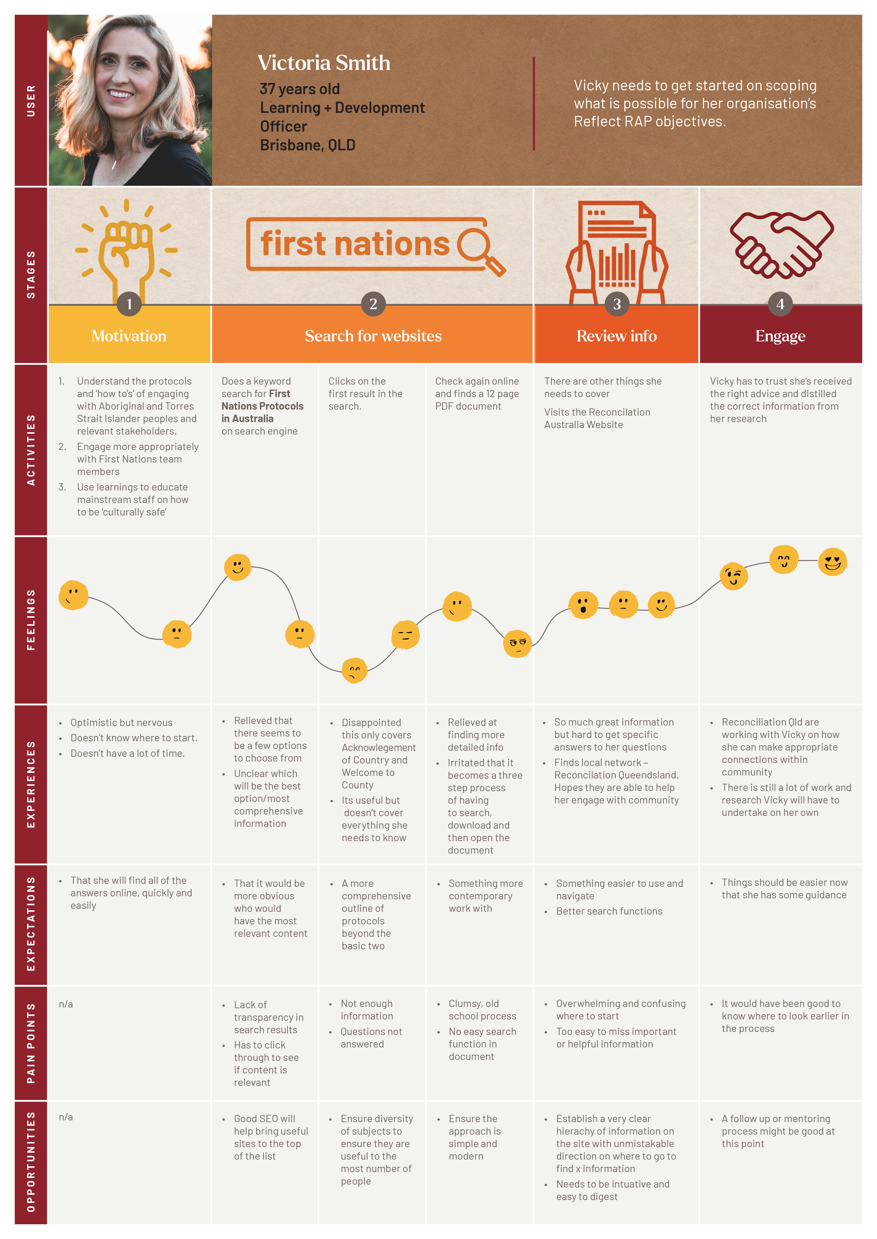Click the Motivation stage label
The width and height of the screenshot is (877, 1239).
(x=129, y=336)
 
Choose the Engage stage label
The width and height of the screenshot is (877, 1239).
(x=780, y=336)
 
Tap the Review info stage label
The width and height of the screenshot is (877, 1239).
(x=617, y=336)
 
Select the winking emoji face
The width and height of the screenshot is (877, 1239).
(x=733, y=576)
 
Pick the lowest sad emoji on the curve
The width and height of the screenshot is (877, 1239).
(x=354, y=671)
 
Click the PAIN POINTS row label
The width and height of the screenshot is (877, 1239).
(x=31, y=1043)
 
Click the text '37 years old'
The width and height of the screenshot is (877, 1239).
(x=300, y=89)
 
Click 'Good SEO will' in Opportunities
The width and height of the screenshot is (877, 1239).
(x=264, y=1119)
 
